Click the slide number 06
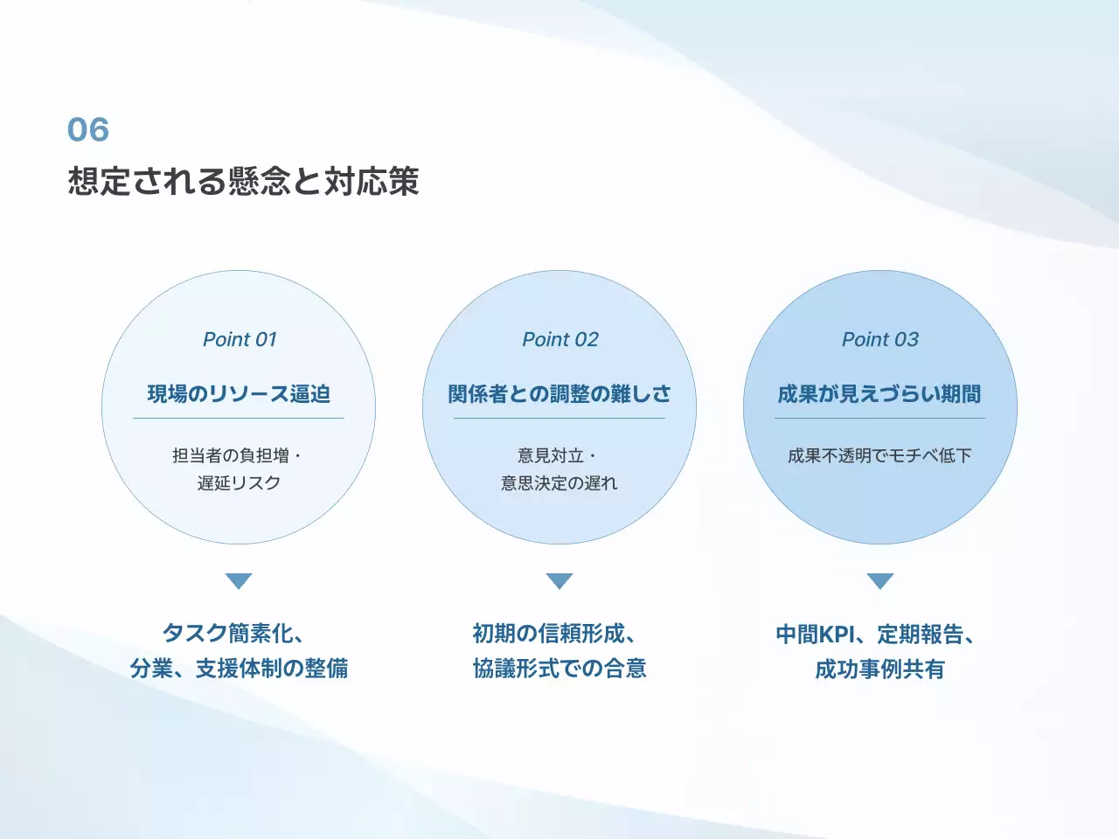coord(87,130)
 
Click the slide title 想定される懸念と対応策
coord(243,181)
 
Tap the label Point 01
coord(239,339)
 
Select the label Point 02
coord(559,339)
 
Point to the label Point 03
coord(879,339)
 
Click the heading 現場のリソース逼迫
coord(239,394)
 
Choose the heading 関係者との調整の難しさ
coord(559,394)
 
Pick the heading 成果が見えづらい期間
coord(879,394)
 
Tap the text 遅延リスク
coord(239,483)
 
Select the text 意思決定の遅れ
coord(559,483)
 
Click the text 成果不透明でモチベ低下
coord(879,455)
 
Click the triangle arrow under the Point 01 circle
coord(239,581)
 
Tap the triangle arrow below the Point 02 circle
coord(559,581)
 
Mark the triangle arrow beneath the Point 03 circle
coord(879,581)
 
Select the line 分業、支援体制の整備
coord(239,669)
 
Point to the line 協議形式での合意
coord(559,669)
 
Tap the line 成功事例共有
coord(879,669)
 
